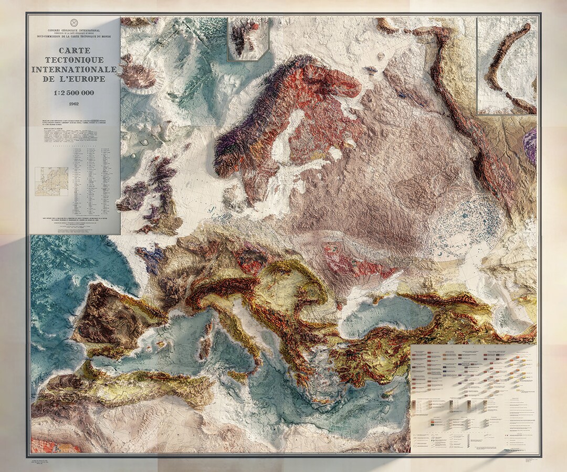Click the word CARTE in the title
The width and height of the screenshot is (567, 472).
[x=75, y=50]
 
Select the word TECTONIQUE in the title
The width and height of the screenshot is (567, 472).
[x=75, y=60]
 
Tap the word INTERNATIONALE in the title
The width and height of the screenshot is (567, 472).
[x=75, y=69]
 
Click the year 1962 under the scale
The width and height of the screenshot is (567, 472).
[x=75, y=104]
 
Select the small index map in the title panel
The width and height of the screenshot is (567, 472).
[x=51, y=181]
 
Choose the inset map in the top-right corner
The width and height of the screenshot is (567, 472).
[x=507, y=65]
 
